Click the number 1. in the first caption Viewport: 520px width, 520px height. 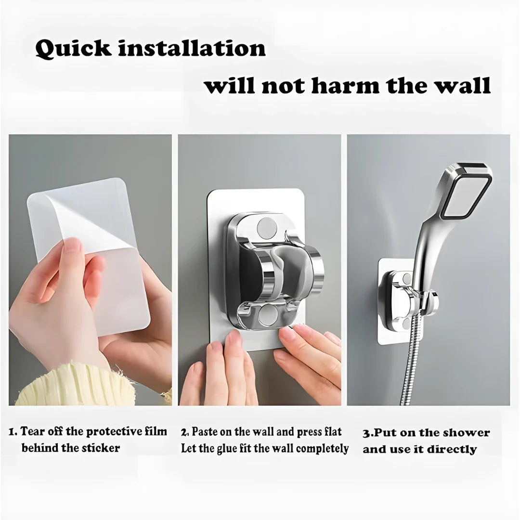pyautogui.click(x=13, y=431)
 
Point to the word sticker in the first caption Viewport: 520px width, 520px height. pyautogui.click(x=101, y=448)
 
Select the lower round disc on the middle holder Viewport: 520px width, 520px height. pyautogui.click(x=268, y=315)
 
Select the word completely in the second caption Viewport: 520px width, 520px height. pyautogui.click(x=322, y=449)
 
